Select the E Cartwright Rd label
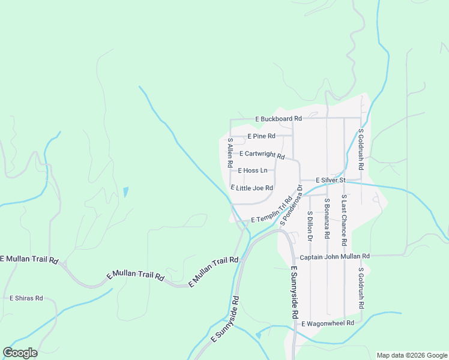(x=262, y=154)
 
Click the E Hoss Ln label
(x=253, y=171)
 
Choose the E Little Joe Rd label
(x=252, y=188)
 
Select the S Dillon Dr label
(x=310, y=226)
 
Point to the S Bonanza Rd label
(x=327, y=219)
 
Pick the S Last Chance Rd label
(x=344, y=220)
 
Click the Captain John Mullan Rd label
(x=335, y=256)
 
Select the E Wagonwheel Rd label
(x=328, y=323)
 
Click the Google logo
(x=20, y=353)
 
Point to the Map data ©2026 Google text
(x=411, y=355)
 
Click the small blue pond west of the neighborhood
(x=125, y=193)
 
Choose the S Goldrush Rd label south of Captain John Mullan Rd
(x=361, y=288)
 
